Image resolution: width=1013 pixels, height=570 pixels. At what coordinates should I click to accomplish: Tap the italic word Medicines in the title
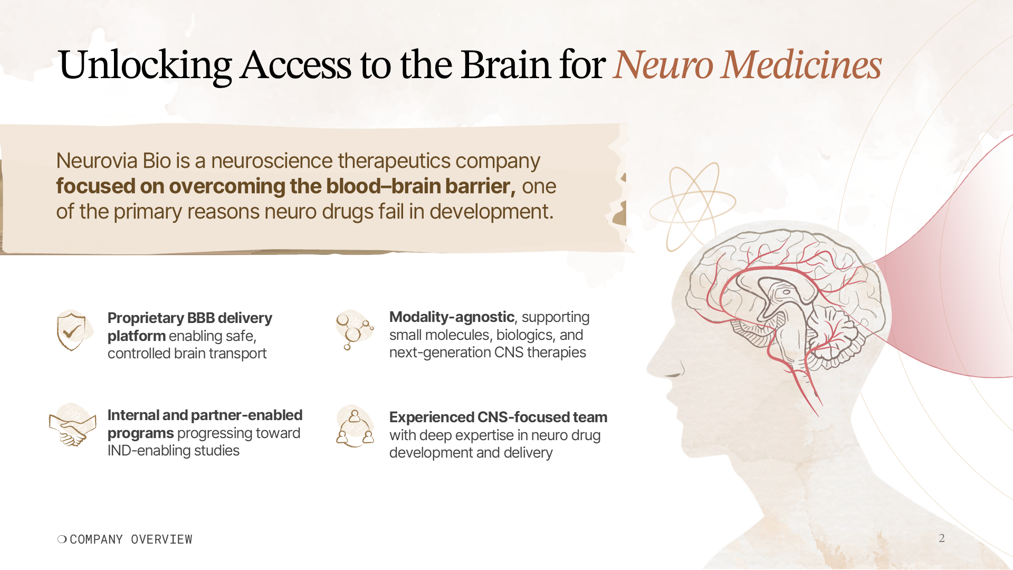click(x=801, y=65)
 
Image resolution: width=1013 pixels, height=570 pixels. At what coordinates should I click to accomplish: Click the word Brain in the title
click(x=505, y=65)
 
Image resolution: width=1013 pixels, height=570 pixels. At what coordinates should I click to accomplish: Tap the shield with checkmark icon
click(x=72, y=331)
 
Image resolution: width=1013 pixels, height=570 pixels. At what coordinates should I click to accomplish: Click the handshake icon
click(x=73, y=426)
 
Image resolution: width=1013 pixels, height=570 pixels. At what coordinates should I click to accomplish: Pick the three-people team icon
click(x=355, y=426)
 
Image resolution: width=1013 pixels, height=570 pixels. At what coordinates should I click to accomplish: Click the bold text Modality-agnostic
click(x=452, y=317)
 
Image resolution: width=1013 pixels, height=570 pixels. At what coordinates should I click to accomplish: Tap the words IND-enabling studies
click(x=173, y=451)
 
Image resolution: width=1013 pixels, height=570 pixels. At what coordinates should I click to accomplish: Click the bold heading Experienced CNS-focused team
click(x=498, y=417)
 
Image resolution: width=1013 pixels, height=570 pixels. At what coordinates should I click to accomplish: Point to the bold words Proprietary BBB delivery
click(x=189, y=318)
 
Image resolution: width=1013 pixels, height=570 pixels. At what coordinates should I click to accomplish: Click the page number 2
click(x=941, y=538)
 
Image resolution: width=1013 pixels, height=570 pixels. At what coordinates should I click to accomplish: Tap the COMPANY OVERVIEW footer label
click(x=131, y=539)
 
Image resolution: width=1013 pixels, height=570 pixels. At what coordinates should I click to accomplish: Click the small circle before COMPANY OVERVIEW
click(x=62, y=539)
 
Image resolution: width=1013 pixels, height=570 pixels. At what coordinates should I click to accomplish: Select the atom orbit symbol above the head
click(x=692, y=207)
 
